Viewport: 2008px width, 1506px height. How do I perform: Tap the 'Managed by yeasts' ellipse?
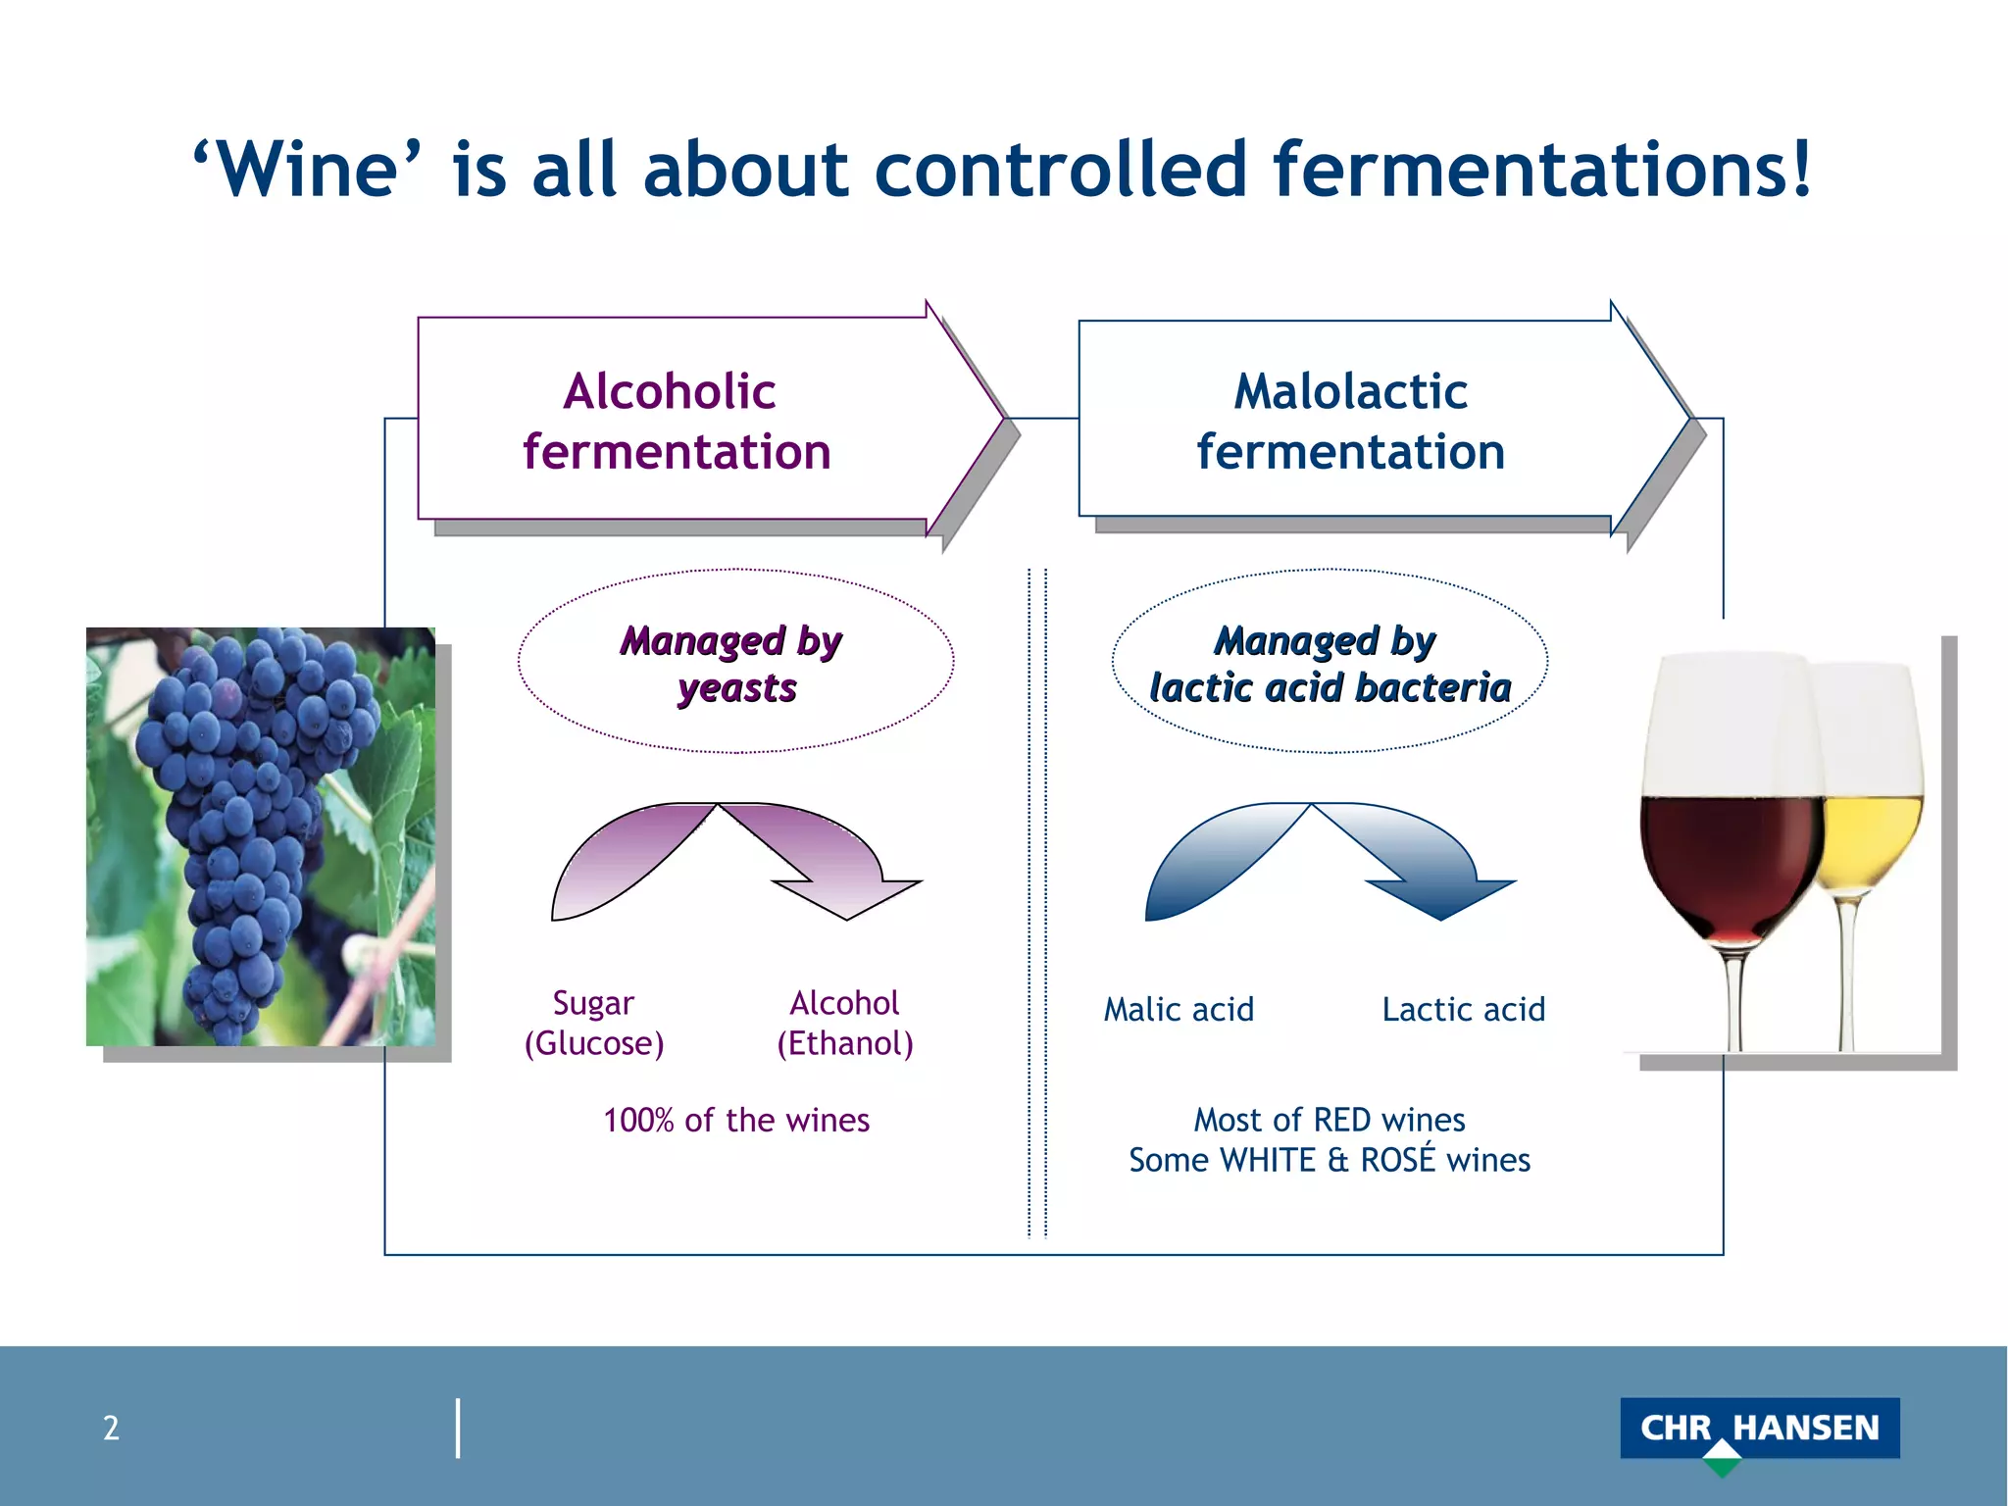(x=735, y=662)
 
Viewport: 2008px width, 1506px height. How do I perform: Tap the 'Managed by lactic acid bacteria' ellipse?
(x=1330, y=662)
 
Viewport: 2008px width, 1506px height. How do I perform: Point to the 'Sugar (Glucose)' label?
(x=594, y=1023)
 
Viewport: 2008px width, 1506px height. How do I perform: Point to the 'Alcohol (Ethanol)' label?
(x=844, y=1023)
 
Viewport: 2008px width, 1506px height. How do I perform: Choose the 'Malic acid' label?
(x=1179, y=1009)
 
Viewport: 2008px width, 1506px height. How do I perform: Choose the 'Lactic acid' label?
(x=1463, y=1009)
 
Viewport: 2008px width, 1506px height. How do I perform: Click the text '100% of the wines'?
(x=736, y=1120)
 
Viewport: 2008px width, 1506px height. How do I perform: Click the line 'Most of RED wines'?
(x=1330, y=1120)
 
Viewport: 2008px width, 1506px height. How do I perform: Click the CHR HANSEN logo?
(x=1759, y=1430)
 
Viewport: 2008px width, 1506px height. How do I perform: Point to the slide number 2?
(x=111, y=1428)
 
